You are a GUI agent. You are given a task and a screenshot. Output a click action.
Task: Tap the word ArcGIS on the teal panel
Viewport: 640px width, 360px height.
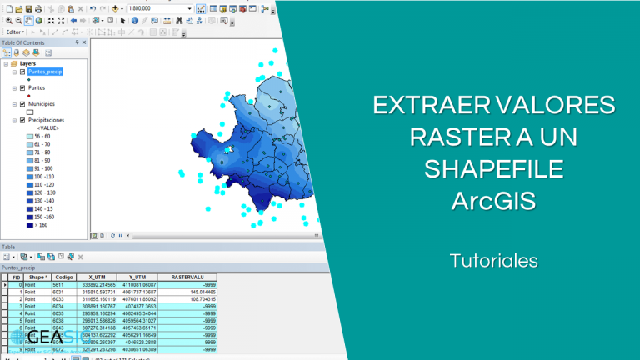coord(494,201)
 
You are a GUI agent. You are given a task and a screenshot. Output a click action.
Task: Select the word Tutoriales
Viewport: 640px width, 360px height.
coord(493,261)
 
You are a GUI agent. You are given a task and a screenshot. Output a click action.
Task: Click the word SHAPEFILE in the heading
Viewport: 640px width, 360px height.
coord(493,169)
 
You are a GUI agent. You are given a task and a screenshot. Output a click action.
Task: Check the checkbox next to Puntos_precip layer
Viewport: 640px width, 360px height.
coord(22,72)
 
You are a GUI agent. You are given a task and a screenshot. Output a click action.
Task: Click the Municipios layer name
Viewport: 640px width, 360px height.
coord(44,103)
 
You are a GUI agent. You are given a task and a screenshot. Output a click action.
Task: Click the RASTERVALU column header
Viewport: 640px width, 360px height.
coord(187,277)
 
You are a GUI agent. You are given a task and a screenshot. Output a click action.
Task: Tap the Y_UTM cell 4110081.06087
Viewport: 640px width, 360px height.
coord(137,285)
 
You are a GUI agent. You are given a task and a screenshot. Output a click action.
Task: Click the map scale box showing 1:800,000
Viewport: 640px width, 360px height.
coord(158,8)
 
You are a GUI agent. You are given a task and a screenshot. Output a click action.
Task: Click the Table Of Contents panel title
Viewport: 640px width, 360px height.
coord(23,42)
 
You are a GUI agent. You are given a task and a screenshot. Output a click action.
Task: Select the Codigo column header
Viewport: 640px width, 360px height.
coord(63,277)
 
